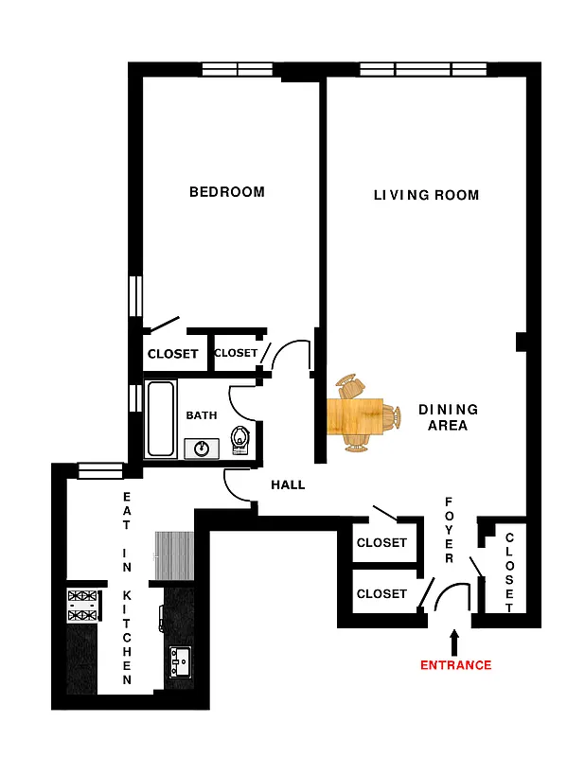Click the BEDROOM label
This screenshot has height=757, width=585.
click(227, 192)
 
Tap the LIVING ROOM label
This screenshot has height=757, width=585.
click(426, 196)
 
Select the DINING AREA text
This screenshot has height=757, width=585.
click(448, 417)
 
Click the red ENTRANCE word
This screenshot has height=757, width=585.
click(456, 665)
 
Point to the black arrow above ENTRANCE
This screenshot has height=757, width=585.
click(454, 642)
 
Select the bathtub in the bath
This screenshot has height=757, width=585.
click(160, 418)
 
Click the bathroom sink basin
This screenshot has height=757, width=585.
click(202, 448)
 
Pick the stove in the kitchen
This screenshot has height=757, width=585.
click(82, 606)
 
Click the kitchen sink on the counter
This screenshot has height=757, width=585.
click(179, 662)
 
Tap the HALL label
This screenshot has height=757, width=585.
click(288, 484)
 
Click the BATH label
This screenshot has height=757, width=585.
click(201, 415)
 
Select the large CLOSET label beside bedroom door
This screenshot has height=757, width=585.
click(173, 355)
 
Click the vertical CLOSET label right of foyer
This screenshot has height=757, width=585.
click(509, 572)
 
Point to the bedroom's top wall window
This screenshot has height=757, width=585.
click(237, 69)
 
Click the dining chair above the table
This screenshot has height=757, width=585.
click(352, 386)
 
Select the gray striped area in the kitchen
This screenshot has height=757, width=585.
click(174, 556)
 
